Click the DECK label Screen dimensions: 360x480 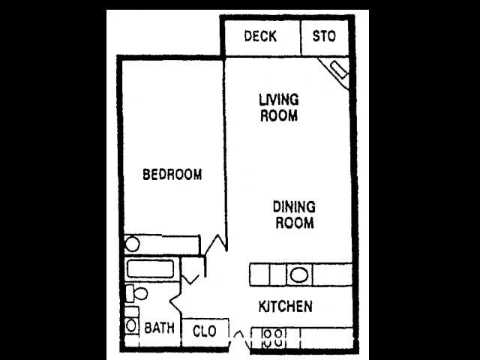click(260, 36)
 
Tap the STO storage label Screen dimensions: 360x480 click(324, 36)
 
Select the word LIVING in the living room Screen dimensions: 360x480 click(278, 99)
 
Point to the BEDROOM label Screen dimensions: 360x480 click(172, 175)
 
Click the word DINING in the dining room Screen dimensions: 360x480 click(293, 206)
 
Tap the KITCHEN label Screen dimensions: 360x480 click(285, 307)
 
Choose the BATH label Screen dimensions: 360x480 click(159, 328)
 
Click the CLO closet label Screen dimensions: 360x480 click(205, 331)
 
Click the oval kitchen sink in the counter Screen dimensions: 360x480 click(298, 274)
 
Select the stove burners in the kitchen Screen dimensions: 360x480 click(271, 337)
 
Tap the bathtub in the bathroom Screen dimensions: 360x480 click(150, 268)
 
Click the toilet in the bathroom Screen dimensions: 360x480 click(135, 292)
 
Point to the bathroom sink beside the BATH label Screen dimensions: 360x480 click(131, 325)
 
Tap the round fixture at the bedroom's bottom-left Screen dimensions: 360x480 click(132, 244)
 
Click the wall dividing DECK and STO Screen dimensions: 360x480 click(301, 36)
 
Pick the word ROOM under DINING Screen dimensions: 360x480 click(293, 223)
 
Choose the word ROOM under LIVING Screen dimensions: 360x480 click(278, 115)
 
